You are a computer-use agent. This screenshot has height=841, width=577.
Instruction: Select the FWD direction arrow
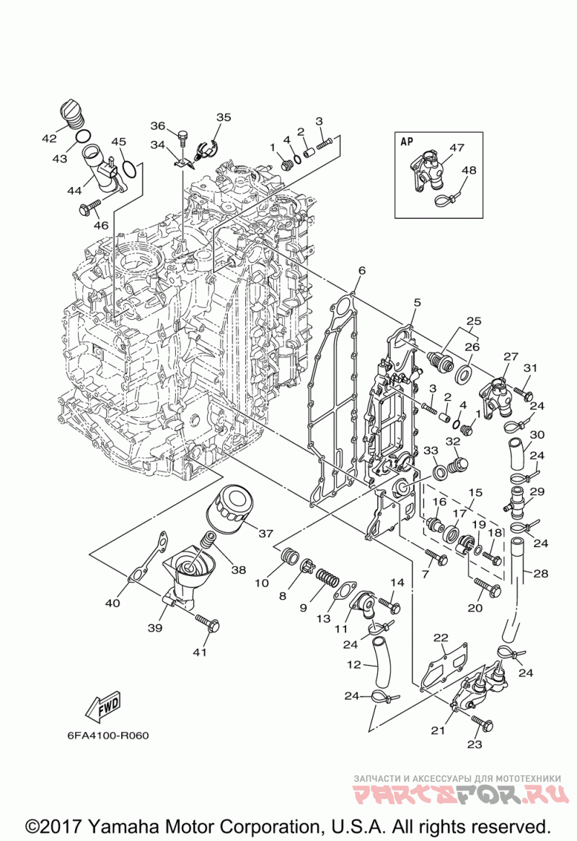[x=103, y=707]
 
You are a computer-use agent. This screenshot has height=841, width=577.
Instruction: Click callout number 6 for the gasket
[x=361, y=271]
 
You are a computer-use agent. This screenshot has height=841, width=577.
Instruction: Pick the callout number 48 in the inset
[x=470, y=171]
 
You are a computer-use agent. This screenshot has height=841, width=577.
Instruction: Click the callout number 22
[x=441, y=637]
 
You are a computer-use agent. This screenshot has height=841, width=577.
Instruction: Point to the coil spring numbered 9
[x=329, y=578]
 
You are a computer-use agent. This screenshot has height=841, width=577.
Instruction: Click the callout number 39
[x=155, y=628]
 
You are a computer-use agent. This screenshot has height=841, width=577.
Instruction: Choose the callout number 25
[x=473, y=321]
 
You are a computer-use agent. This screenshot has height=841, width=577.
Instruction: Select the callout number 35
[x=224, y=117]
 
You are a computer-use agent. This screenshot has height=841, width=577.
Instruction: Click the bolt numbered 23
[x=482, y=722]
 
